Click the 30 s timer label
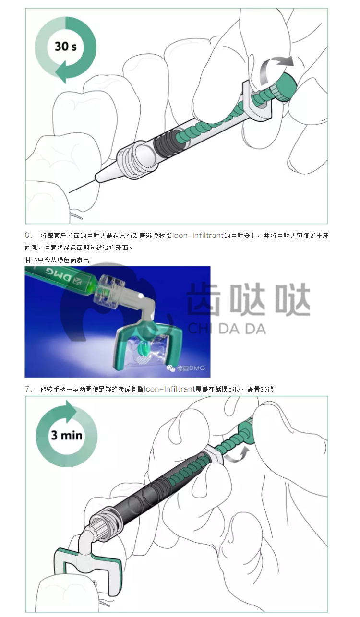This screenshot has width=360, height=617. [66, 46]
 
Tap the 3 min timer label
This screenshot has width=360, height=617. [67, 435]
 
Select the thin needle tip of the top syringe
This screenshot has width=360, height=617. [82, 187]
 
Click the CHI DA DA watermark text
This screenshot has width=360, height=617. [227, 329]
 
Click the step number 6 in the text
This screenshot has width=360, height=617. [27, 235]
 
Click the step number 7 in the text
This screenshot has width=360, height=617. [27, 389]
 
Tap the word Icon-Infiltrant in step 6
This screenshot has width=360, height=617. [198, 236]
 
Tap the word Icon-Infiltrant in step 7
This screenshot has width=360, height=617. [169, 389]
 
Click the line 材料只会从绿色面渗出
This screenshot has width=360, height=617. [57, 260]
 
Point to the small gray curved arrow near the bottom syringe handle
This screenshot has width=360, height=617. [237, 453]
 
